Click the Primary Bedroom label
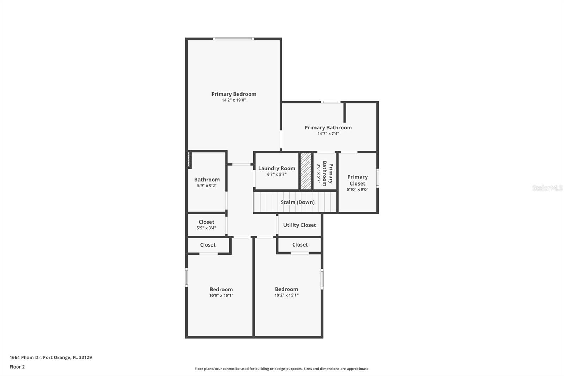click(x=234, y=94)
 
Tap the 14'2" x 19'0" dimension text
click(x=234, y=100)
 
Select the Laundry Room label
click(x=277, y=168)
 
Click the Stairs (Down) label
click(x=298, y=202)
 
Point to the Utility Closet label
click(x=299, y=225)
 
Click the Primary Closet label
click(x=357, y=180)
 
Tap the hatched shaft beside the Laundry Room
click(x=306, y=171)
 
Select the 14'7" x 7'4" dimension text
click(x=328, y=134)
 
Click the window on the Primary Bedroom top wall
click(x=233, y=39)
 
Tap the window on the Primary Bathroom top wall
click(x=330, y=102)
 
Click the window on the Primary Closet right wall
click(x=378, y=177)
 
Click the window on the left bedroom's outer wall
click(x=186, y=277)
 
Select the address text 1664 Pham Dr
click(x=50, y=357)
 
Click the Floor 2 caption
click(x=17, y=367)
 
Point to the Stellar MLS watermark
click(x=547, y=188)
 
